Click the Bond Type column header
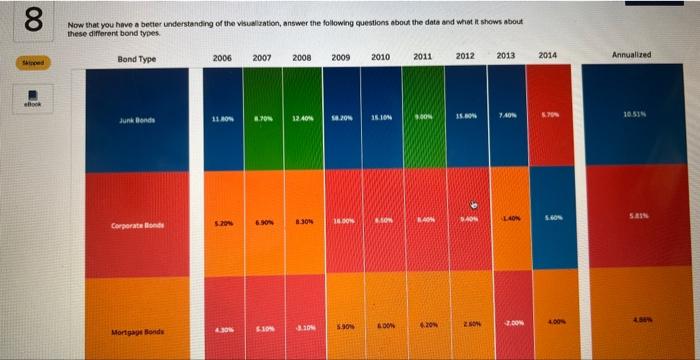136,59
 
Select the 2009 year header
339,57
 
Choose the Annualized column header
631,54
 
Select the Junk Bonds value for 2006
223,118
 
